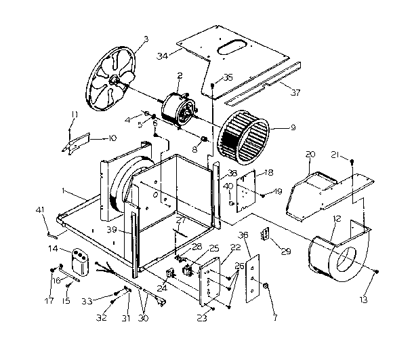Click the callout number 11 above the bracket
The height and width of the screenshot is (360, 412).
[75, 113]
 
